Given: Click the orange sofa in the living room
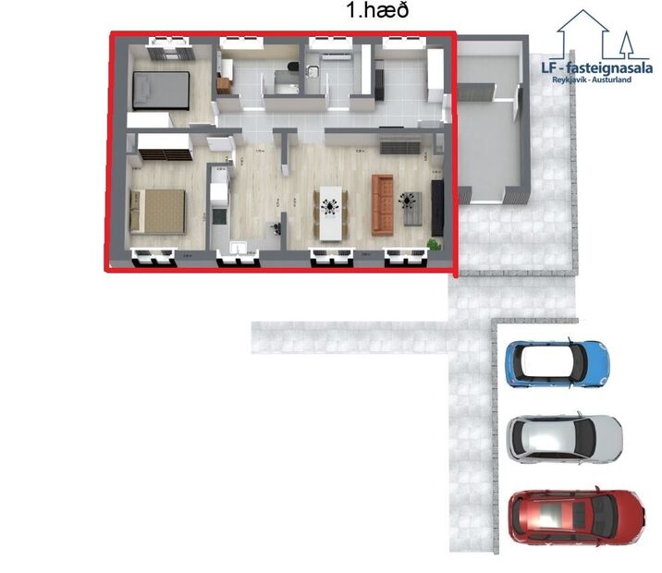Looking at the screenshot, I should (x=383, y=204).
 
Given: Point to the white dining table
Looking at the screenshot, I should (x=330, y=213).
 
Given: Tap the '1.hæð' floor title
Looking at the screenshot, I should (x=376, y=11).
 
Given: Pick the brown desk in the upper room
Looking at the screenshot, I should (x=225, y=84).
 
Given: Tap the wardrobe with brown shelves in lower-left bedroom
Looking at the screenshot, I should (x=165, y=148).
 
